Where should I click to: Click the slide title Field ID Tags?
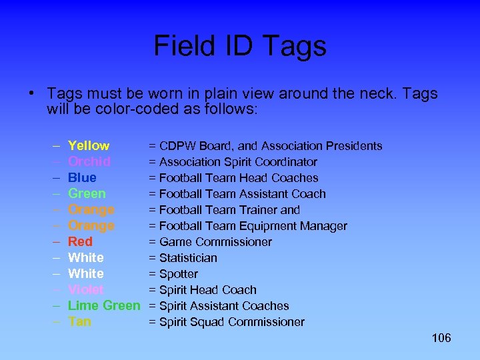pos(240,46)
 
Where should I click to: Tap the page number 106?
pos(441,338)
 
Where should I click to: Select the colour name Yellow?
pos(89,146)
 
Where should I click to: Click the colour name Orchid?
pos(89,162)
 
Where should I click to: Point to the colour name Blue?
pos(82,178)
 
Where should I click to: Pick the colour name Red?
pos(80,242)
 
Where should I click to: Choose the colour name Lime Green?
pos(104,306)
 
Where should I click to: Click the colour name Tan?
pos(79,322)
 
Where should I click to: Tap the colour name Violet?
pos(86,290)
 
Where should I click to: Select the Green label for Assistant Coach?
pos(87,194)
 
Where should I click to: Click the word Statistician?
pos(188,258)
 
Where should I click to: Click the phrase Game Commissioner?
pos(215,242)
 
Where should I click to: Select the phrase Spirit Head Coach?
pos(207,290)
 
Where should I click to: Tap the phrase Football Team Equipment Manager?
pos(253,226)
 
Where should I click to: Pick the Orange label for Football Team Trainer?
pos(91,210)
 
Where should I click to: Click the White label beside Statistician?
pos(86,258)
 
